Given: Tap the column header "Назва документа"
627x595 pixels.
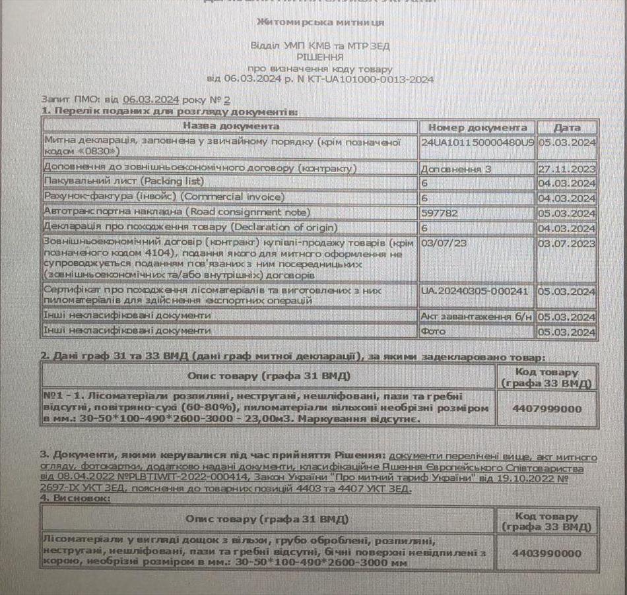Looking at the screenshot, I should tap(231, 126).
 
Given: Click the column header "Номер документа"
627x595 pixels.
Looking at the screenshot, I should tap(477, 127).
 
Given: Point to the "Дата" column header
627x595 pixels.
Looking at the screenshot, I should tap(567, 127).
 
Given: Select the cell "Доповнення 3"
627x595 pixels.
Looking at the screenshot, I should tap(456, 169).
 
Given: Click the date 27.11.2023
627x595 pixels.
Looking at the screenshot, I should tap(567, 169).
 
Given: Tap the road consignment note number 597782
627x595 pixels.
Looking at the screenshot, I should tap(437, 213).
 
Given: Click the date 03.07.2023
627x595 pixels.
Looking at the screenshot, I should tap(567, 243).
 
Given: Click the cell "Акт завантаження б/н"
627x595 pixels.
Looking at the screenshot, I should tap(476, 317).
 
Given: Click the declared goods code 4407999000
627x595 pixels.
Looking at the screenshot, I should tap(547, 408).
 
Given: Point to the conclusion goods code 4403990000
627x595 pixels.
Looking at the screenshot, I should tap(547, 553).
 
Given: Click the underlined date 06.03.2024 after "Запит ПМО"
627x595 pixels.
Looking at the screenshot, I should tap(150, 100).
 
